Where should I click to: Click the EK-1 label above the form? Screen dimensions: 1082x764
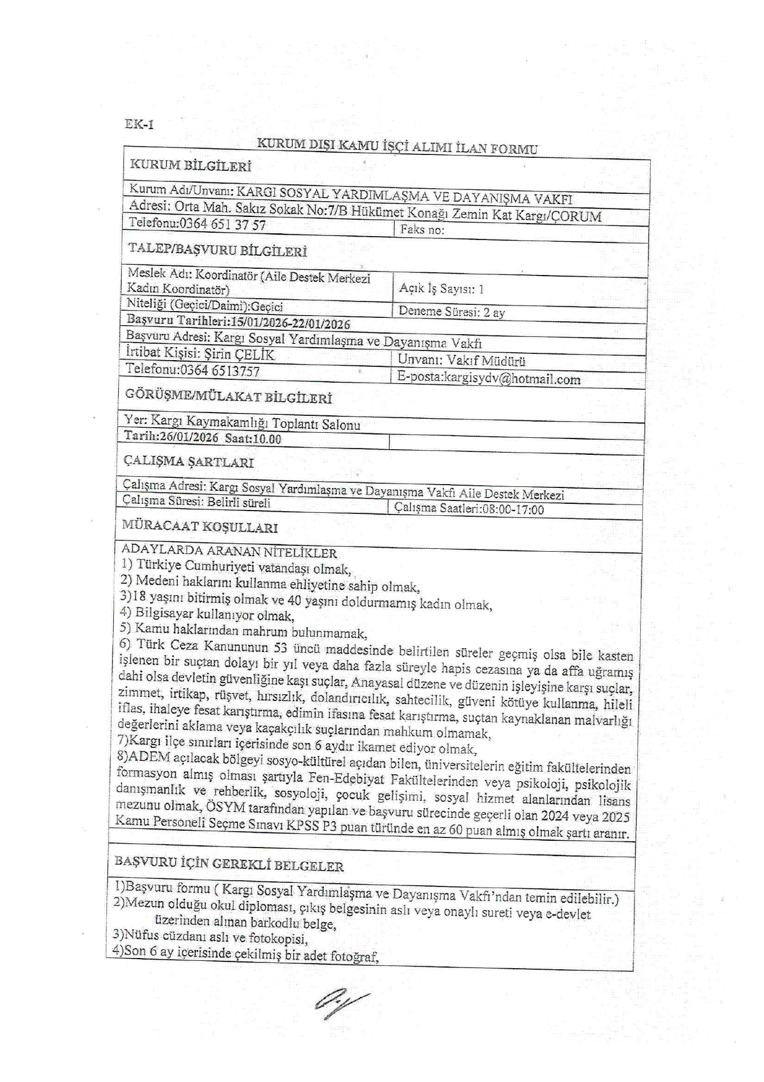139,125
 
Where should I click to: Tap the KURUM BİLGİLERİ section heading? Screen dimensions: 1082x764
190,166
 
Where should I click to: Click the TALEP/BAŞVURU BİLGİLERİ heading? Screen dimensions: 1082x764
217,250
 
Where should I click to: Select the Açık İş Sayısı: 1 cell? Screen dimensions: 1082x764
441,289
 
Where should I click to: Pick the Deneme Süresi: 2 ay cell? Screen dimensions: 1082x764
452,312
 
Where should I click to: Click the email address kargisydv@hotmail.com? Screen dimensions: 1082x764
512,379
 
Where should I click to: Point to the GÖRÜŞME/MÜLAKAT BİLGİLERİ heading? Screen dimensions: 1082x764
228,397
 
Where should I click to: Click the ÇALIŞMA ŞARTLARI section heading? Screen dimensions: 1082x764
189,462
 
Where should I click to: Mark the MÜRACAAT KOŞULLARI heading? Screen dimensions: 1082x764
200,527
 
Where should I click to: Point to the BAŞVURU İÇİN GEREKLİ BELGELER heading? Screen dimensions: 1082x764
229,864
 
